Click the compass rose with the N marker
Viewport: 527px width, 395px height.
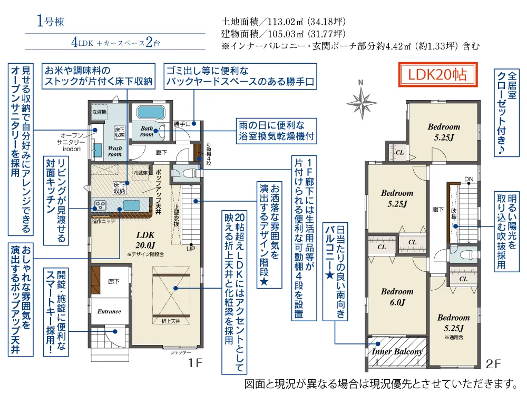(x=361, y=100)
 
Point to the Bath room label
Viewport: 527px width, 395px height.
(x=147, y=131)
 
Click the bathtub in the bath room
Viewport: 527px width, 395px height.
(x=151, y=113)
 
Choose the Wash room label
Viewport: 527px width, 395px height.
(x=115, y=151)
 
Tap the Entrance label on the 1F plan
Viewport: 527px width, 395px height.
(x=109, y=311)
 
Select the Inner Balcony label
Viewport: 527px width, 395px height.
(x=397, y=351)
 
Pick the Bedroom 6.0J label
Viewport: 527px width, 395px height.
(x=397, y=297)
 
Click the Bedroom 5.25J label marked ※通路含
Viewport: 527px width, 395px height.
(x=453, y=322)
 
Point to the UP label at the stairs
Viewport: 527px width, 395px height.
(x=190, y=249)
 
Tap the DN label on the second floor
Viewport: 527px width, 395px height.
(x=469, y=180)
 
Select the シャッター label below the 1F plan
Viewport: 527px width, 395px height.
(x=181, y=352)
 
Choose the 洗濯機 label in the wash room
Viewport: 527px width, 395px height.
(x=99, y=112)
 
